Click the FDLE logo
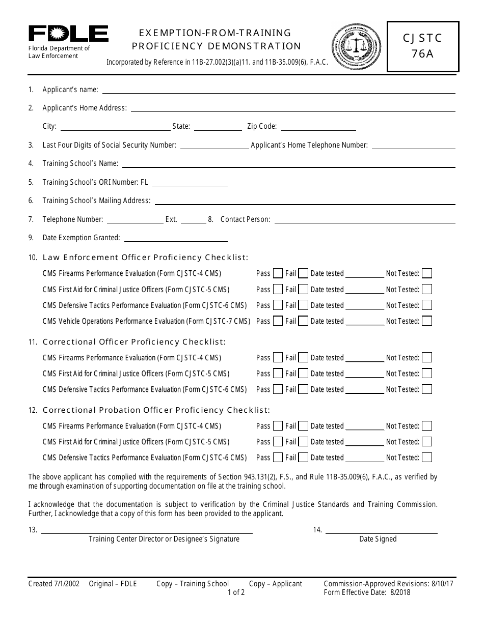[68, 34]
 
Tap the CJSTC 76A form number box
[422, 46]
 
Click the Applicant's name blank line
[279, 91]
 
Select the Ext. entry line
[193, 220]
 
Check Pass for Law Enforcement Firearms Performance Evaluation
[278, 273]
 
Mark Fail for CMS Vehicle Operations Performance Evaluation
[303, 321]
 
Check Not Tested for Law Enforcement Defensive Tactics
[427, 305]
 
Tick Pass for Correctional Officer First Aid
[278, 374]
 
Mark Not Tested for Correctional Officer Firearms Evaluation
[427, 358]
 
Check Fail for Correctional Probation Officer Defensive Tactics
[303, 457]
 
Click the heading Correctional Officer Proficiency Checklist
[134, 342]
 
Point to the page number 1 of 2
[236, 592]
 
